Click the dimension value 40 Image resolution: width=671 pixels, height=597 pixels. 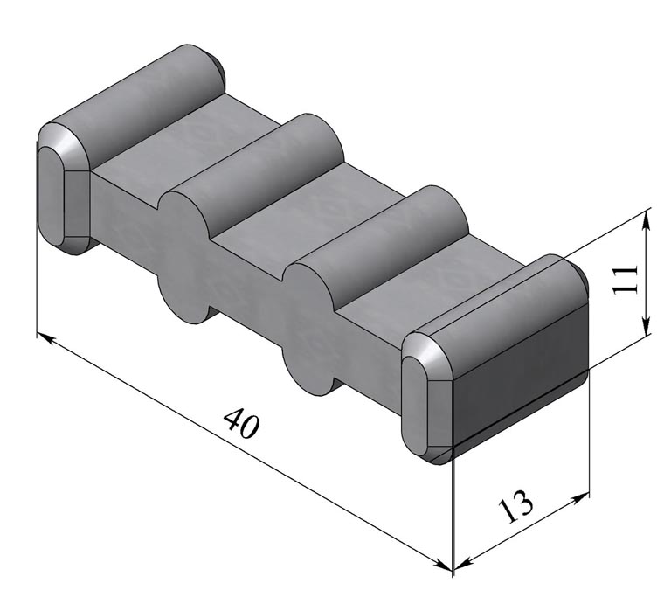(x=242, y=424)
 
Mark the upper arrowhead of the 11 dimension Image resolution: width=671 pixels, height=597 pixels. (x=646, y=217)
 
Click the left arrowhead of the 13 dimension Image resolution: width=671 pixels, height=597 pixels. (x=461, y=560)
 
